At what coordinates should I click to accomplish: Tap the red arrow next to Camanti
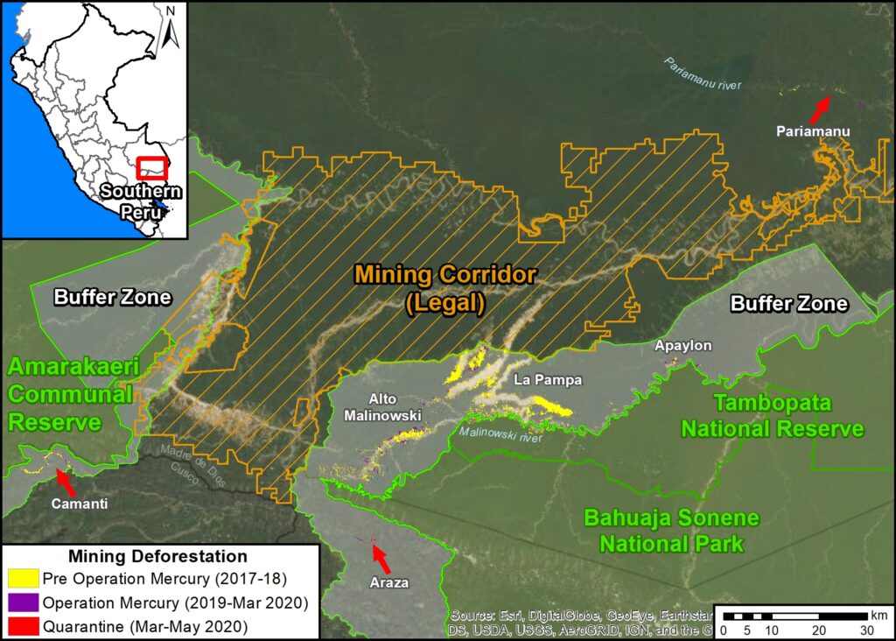(x=65, y=480)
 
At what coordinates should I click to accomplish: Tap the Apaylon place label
(x=683, y=346)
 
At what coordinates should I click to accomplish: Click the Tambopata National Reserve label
(x=773, y=417)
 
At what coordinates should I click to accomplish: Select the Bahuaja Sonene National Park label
(x=671, y=531)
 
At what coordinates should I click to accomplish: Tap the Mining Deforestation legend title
(x=157, y=556)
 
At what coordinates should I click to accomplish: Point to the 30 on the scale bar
(x=865, y=630)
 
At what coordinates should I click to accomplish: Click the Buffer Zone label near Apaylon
(x=789, y=304)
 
